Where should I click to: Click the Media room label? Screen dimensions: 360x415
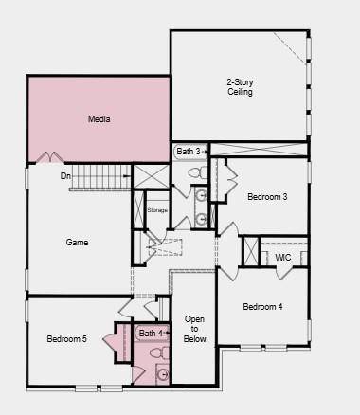pyautogui.click(x=99, y=119)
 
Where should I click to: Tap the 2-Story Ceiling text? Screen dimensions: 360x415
pyautogui.click(x=240, y=87)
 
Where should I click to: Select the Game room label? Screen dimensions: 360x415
pyautogui.click(x=77, y=243)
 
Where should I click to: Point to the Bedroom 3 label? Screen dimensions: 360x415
pyautogui.click(x=267, y=197)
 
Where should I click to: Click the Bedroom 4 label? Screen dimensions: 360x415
pyautogui.click(x=262, y=307)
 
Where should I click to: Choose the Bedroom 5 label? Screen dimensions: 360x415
pyautogui.click(x=66, y=339)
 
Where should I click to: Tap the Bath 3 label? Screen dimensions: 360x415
pyautogui.click(x=189, y=152)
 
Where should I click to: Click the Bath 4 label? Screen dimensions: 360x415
pyautogui.click(x=151, y=334)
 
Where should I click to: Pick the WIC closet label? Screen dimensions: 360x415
pyautogui.click(x=283, y=258)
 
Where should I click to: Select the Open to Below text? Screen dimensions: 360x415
pyautogui.click(x=194, y=329)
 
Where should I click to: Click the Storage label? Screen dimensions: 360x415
pyautogui.click(x=157, y=210)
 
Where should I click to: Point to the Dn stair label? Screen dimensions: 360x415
pyautogui.click(x=65, y=176)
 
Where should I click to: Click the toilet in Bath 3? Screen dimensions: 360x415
pyautogui.click(x=198, y=172)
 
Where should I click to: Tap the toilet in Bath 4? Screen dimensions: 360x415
pyautogui.click(x=160, y=352)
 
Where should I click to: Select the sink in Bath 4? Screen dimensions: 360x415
pyautogui.click(x=163, y=374)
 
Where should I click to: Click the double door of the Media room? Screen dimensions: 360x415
pyautogui.click(x=50, y=157)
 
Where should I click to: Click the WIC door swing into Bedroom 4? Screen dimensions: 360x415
pyautogui.click(x=283, y=274)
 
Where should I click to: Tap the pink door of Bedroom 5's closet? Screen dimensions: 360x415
pyautogui.click(x=109, y=342)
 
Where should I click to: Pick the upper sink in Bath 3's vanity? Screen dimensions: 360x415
pyautogui.click(x=201, y=195)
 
